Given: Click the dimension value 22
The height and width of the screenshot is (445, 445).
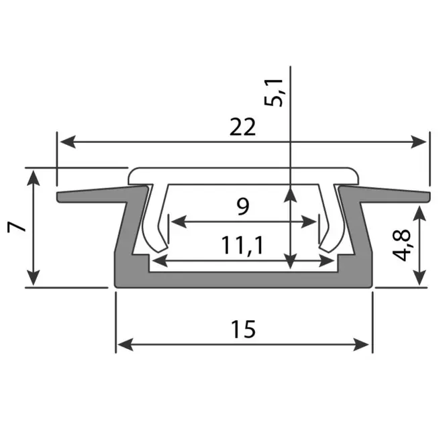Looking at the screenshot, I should click(242, 128).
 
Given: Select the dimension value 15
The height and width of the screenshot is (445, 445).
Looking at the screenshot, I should click(243, 329).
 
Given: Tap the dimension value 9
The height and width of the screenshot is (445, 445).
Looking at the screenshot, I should click(243, 206).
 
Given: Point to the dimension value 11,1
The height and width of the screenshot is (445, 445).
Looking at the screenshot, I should click(243, 247).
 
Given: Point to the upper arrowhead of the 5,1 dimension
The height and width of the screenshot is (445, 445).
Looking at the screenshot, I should click(290, 195).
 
